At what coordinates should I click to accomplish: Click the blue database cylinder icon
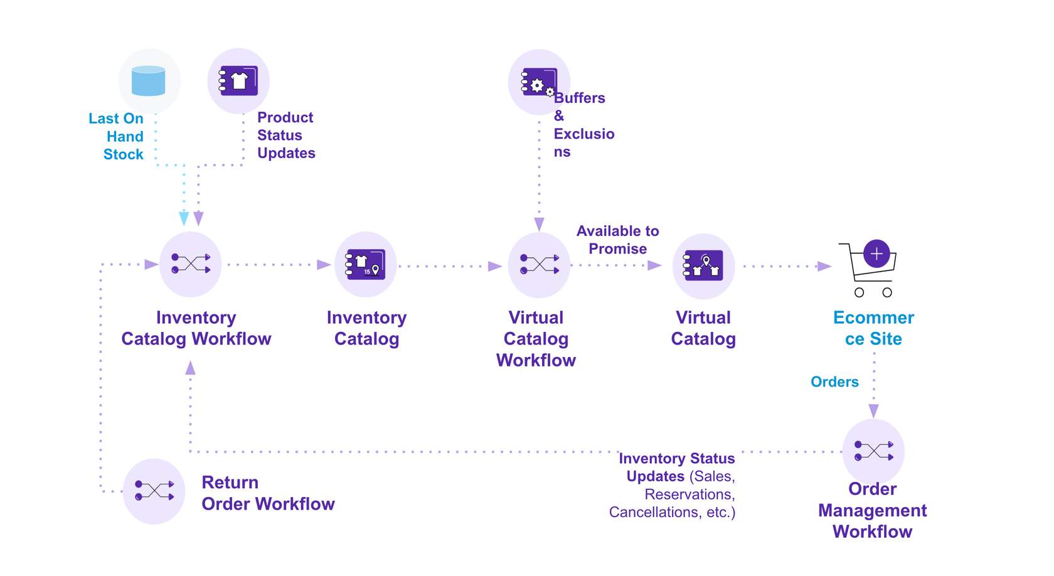tap(149, 81)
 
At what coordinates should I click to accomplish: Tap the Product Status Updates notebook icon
tap(238, 81)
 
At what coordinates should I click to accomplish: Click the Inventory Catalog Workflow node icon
tap(190, 264)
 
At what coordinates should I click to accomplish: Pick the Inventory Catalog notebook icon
tap(366, 264)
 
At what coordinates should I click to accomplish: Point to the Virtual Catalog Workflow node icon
tap(539, 265)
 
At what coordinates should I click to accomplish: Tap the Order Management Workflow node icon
tap(873, 451)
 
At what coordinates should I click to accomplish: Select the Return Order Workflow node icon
tap(154, 491)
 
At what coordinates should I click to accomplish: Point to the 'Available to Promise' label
tap(617, 240)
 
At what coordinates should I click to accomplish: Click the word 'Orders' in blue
tap(834, 381)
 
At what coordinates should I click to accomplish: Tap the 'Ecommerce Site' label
tap(873, 328)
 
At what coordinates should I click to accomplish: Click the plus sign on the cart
tap(876, 253)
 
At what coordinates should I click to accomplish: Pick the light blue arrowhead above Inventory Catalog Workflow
tap(184, 218)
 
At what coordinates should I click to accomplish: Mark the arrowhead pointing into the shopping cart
tap(825, 266)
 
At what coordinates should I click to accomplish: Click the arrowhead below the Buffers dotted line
tap(539, 224)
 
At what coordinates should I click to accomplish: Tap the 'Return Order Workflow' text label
tap(268, 493)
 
